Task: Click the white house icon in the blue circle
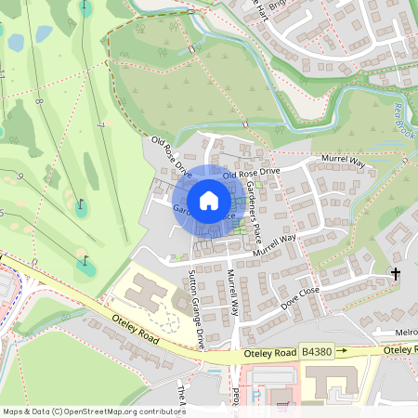[209, 201]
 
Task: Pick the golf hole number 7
[98, 124]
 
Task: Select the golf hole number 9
[20, 176]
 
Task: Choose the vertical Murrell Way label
[234, 288]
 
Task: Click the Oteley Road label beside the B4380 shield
[269, 353]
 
